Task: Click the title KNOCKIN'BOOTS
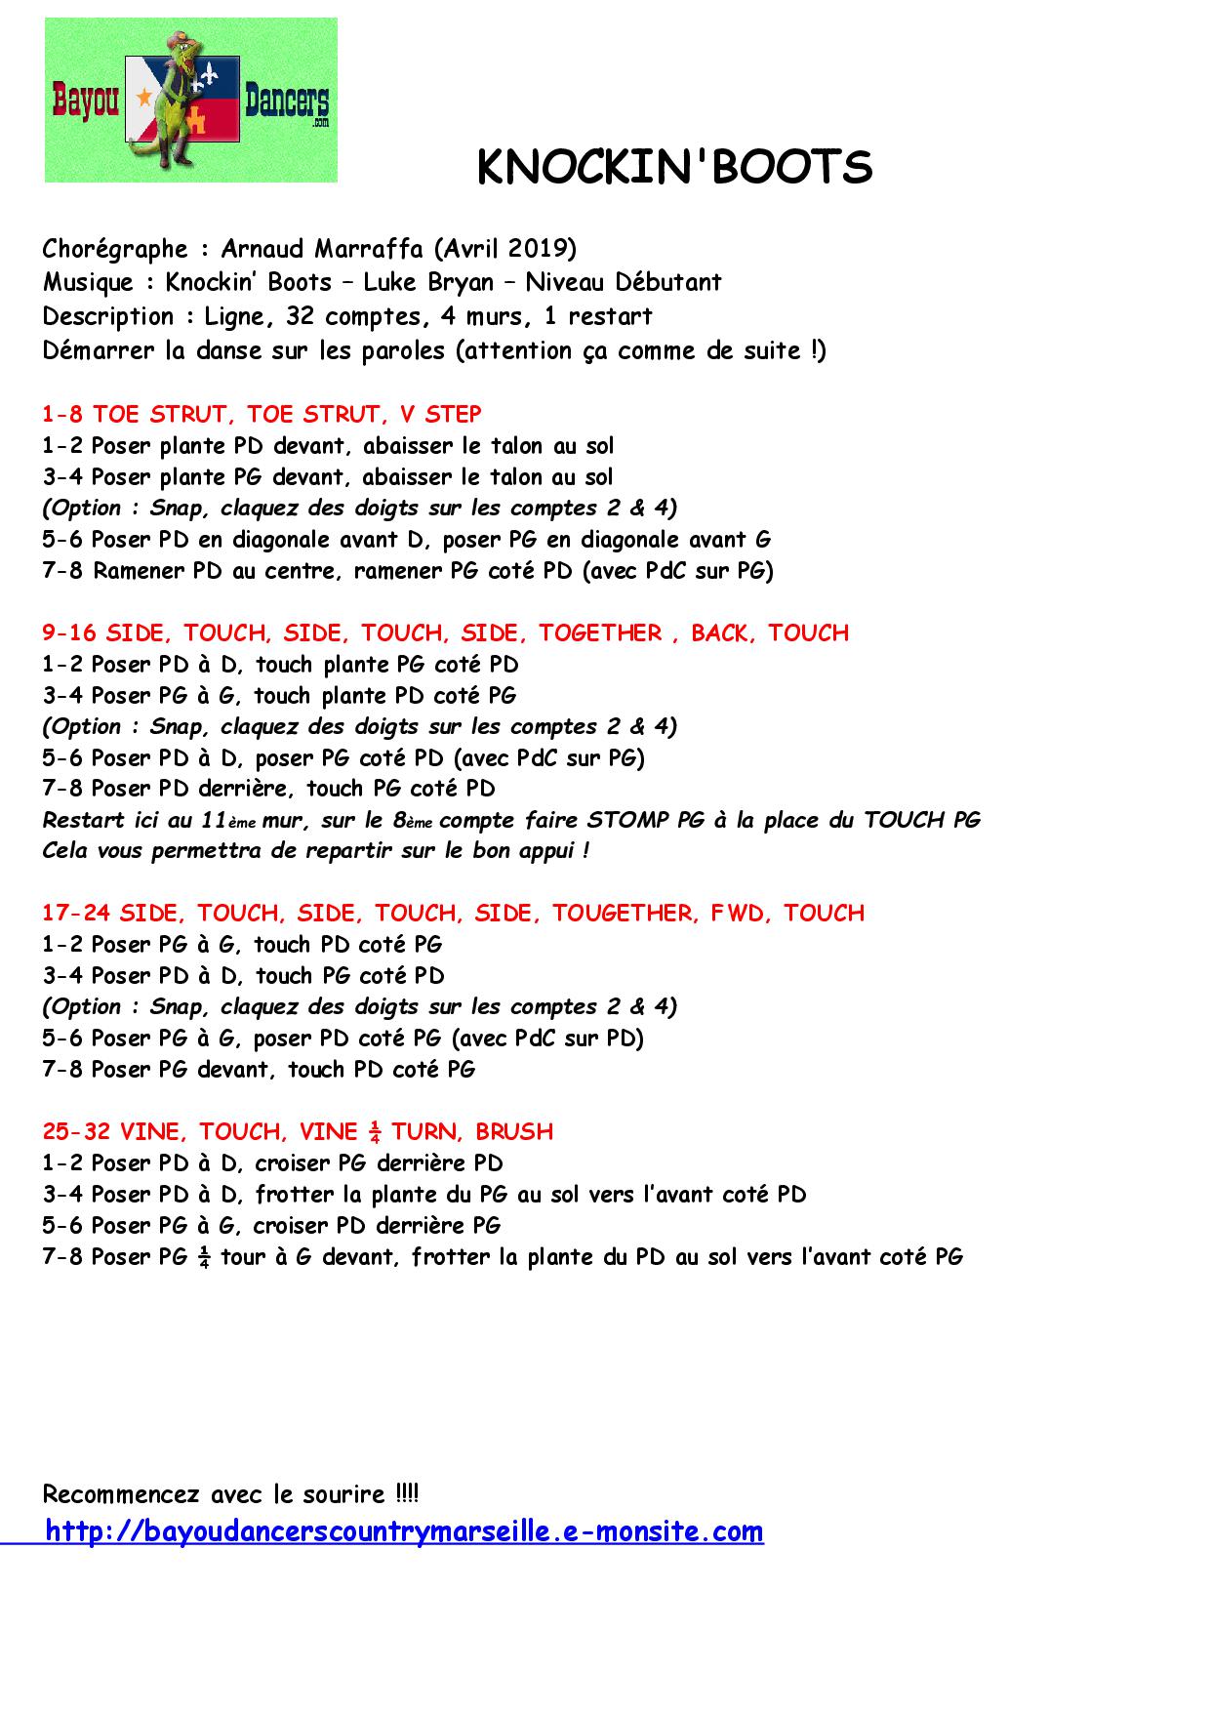pyautogui.click(x=674, y=168)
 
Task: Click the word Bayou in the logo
pyautogui.click(x=85, y=102)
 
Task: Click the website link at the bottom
pyautogui.click(x=404, y=1530)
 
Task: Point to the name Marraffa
pyautogui.click(x=368, y=249)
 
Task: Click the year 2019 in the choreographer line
pyautogui.click(x=541, y=249)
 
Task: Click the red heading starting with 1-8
pyautogui.click(x=262, y=414)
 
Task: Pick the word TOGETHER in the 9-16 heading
pyautogui.click(x=600, y=632)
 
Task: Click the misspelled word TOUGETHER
pyautogui.click(x=623, y=913)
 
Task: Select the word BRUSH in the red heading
pyautogui.click(x=514, y=1131)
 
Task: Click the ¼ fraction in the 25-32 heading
pyautogui.click(x=375, y=1131)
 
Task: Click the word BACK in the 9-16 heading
pyautogui.click(x=722, y=632)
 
